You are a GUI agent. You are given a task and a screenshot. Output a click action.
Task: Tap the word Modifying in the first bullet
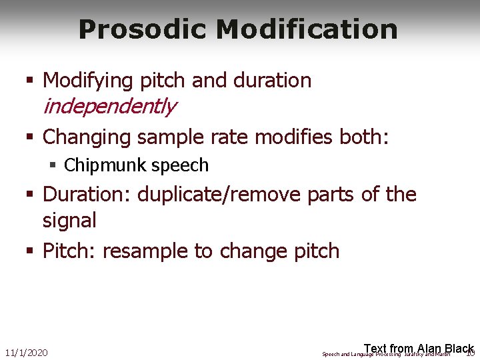[88, 81]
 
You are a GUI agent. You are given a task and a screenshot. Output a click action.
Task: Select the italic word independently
[109, 106]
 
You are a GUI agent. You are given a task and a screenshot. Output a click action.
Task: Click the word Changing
[87, 137]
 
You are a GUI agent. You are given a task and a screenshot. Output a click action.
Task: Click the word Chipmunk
[106, 165]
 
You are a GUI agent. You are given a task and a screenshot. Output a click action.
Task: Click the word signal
[69, 220]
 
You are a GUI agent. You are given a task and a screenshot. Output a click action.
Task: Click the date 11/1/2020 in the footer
[26, 352]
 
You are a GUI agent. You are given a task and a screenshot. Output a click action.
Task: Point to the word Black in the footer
[459, 349]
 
